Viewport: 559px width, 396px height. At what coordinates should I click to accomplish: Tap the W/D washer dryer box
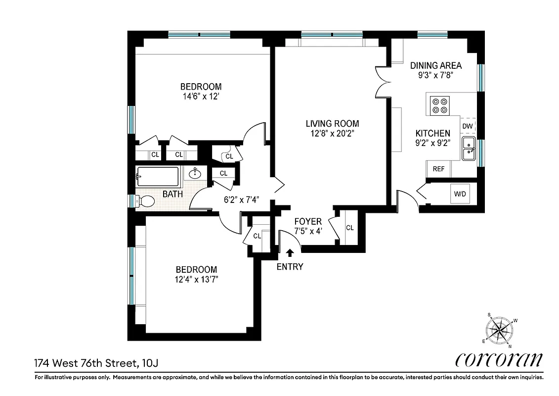(x=460, y=193)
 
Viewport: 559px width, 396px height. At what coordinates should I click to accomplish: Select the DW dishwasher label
(x=468, y=126)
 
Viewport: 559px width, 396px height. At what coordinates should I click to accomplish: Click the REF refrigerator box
(x=438, y=169)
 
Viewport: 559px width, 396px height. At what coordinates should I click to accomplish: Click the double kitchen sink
(x=468, y=149)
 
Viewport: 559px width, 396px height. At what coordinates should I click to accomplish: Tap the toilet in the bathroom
(x=145, y=201)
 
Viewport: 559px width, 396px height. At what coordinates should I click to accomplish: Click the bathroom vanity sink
(x=195, y=173)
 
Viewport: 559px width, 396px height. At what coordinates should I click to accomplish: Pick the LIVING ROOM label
(x=332, y=124)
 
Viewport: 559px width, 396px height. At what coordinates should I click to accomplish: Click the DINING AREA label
(x=436, y=65)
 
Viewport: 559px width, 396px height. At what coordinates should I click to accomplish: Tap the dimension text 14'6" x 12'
(x=200, y=97)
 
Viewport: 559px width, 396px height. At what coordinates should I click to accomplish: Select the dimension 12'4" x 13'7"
(x=196, y=279)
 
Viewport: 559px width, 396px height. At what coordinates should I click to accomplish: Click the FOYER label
(x=308, y=221)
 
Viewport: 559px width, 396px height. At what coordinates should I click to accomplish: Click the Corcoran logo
(x=499, y=360)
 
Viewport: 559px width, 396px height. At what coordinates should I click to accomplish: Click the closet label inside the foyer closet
(x=350, y=228)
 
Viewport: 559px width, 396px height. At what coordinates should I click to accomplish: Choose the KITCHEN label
(x=432, y=133)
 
